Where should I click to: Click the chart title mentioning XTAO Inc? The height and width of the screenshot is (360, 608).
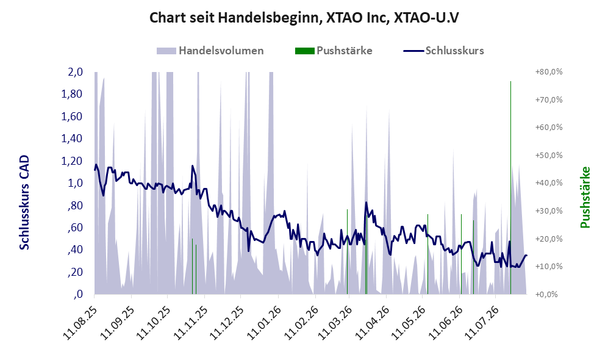[x=304, y=18]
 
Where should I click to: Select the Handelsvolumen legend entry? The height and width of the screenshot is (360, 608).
[x=210, y=51]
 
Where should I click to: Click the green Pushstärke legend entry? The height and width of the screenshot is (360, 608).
[x=334, y=51]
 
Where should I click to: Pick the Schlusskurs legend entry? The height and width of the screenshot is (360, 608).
[x=443, y=51]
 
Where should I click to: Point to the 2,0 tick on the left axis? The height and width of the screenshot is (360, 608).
[x=75, y=72]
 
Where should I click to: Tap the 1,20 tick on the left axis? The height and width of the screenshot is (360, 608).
[x=72, y=160]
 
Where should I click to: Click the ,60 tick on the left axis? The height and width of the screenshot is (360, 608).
[x=75, y=228]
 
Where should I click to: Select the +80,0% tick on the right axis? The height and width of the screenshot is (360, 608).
[x=549, y=72]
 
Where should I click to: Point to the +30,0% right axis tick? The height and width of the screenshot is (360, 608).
[x=549, y=211]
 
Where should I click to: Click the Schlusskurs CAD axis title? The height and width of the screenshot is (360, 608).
[x=24, y=203]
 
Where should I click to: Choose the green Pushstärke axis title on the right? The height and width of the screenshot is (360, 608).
[x=585, y=197]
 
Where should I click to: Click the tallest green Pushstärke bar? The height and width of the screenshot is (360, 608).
[x=510, y=188]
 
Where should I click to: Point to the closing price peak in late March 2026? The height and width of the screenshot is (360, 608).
[x=366, y=203]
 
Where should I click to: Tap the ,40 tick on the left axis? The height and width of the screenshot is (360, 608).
[x=75, y=250]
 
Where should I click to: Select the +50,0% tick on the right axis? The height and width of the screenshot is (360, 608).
[x=549, y=155]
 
